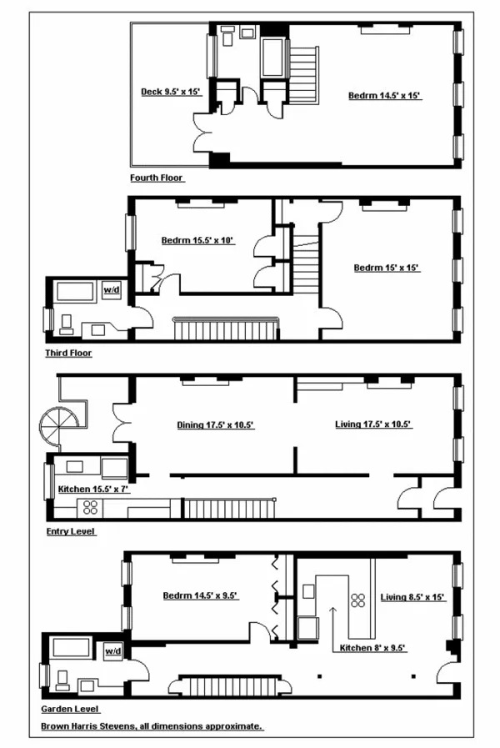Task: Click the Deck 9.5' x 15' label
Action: click(x=171, y=92)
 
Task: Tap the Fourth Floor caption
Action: click(x=157, y=178)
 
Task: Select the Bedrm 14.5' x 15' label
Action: click(x=385, y=96)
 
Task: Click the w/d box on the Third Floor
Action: click(x=111, y=290)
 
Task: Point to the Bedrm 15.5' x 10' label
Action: click(x=198, y=240)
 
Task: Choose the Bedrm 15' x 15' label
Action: click(x=386, y=268)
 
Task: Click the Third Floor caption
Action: click(x=68, y=353)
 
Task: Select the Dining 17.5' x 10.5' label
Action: click(x=215, y=424)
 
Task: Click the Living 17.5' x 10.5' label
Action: click(x=373, y=424)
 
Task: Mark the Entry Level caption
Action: click(x=71, y=530)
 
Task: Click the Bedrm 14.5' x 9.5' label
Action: click(x=201, y=595)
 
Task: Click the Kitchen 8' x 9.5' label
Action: click(x=372, y=648)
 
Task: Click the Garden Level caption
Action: click(x=71, y=709)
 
